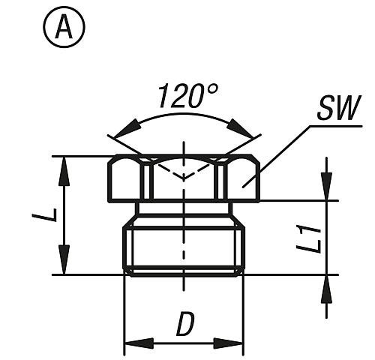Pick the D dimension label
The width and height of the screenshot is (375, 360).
(x=184, y=325)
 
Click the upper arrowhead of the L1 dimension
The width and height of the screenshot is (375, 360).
(x=326, y=190)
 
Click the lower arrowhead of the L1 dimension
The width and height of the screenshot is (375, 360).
(x=326, y=284)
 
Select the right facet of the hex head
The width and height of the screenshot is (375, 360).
(x=241, y=179)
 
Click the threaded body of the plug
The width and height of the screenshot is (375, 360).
(x=184, y=247)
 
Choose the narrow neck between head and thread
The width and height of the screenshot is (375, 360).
(x=184, y=208)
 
